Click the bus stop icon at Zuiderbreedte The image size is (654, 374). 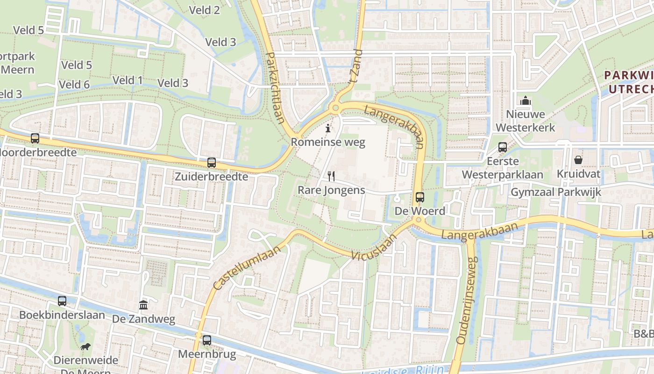pyautogui.click(x=212, y=163)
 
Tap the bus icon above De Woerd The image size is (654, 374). pyautogui.click(x=419, y=197)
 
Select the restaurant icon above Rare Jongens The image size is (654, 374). pyautogui.click(x=331, y=176)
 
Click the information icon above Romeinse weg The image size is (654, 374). pyautogui.click(x=328, y=128)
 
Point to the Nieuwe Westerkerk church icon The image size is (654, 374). pyautogui.click(x=526, y=101)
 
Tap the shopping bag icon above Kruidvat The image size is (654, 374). pyautogui.click(x=578, y=160)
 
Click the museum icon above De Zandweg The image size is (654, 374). pyautogui.click(x=143, y=305)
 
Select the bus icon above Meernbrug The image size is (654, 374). pyautogui.click(x=206, y=340)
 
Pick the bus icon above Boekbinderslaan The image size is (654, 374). pyautogui.click(x=62, y=301)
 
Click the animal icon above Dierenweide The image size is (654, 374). pyautogui.click(x=85, y=346)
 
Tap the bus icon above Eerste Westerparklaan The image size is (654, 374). pyautogui.click(x=502, y=147)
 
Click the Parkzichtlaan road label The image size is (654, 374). pyautogui.click(x=275, y=87)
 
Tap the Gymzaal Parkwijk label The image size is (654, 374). pyautogui.click(x=556, y=192)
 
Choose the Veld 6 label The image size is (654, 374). pyautogui.click(x=74, y=85)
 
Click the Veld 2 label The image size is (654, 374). pyautogui.click(x=204, y=10)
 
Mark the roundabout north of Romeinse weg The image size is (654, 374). pyautogui.click(x=335, y=108)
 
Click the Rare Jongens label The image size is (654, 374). pyautogui.click(x=331, y=190)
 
